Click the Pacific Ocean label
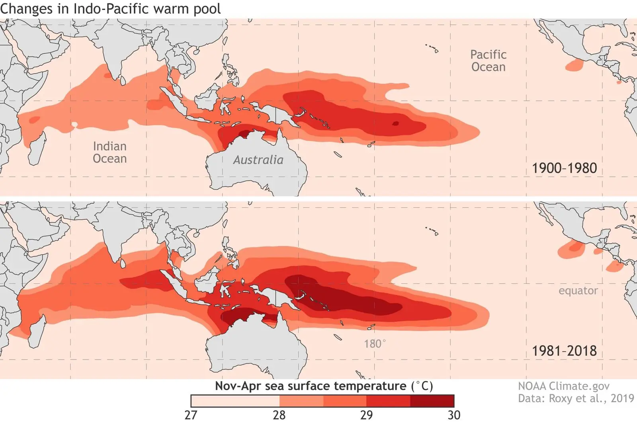(x=488, y=61)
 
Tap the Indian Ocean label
(x=109, y=152)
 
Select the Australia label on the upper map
(x=258, y=160)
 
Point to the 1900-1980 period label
(x=564, y=168)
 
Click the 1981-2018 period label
(x=564, y=351)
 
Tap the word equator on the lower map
(x=578, y=291)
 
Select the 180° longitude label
(x=374, y=344)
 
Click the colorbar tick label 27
(x=191, y=415)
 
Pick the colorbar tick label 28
(x=279, y=415)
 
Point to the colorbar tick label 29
(x=366, y=415)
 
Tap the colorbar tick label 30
(x=454, y=415)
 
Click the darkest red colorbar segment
(x=432, y=401)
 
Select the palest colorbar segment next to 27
(x=235, y=401)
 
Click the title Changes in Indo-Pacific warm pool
(x=110, y=9)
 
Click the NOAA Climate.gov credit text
(x=563, y=386)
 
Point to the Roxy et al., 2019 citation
(x=575, y=399)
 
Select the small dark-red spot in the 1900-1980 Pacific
(x=395, y=123)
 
